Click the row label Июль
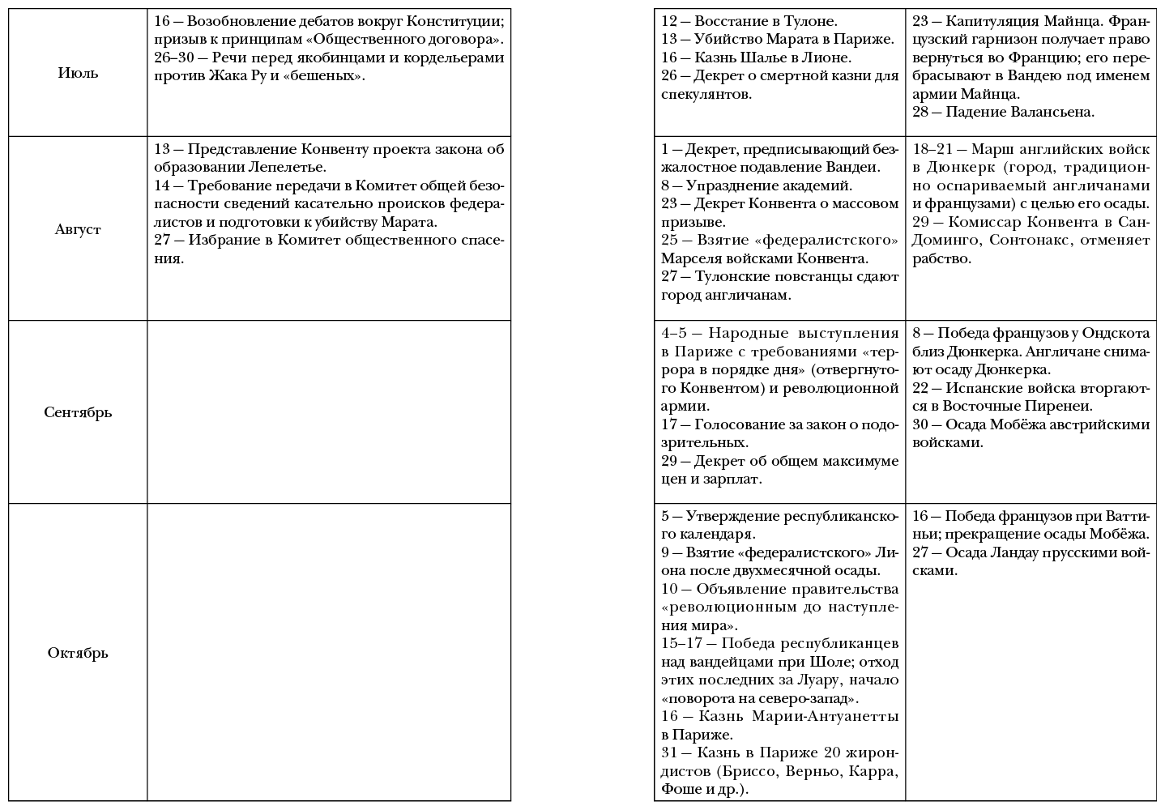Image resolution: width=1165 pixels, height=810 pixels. tap(78, 73)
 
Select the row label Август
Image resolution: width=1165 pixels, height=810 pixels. tap(78, 229)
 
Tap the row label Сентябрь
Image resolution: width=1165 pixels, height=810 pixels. tap(78, 412)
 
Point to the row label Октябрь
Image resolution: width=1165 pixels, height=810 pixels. tap(78, 653)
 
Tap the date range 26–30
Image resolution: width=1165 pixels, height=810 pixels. tap(173, 58)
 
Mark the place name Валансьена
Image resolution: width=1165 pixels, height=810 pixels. tap(1052, 112)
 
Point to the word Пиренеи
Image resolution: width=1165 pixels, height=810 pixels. tap(1061, 406)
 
